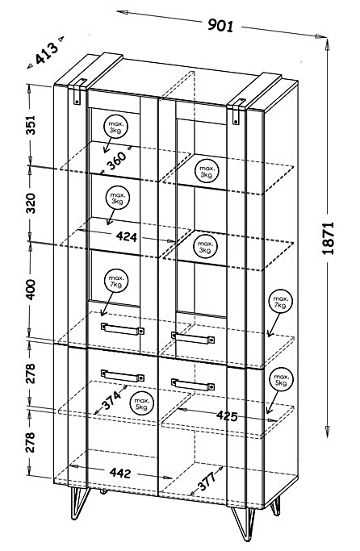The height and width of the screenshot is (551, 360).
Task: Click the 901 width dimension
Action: [220, 25]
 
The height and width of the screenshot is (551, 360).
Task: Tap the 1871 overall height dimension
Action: [328, 238]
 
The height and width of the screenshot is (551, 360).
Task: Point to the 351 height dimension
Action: [31, 125]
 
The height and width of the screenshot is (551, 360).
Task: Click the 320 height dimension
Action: [31, 203]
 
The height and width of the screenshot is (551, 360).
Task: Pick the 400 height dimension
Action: [31, 289]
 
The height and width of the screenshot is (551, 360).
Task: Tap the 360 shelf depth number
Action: [117, 161]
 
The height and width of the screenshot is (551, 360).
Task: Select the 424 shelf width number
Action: [127, 236]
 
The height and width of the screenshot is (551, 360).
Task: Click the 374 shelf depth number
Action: [111, 399]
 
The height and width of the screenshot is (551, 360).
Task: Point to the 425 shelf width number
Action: [227, 415]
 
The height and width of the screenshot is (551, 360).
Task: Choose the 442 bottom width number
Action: [120, 473]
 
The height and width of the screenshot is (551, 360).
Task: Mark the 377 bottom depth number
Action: [207, 482]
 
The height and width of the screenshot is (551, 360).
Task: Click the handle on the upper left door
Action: [123, 329]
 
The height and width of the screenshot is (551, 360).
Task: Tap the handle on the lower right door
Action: [193, 385]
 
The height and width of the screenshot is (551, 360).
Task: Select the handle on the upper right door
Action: [193, 338]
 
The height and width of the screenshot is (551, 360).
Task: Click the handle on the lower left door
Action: [123, 376]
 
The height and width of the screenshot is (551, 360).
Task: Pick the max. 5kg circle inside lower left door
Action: [142, 403]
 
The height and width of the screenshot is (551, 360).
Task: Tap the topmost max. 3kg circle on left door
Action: [115, 127]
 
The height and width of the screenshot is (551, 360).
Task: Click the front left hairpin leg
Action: [79, 503]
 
